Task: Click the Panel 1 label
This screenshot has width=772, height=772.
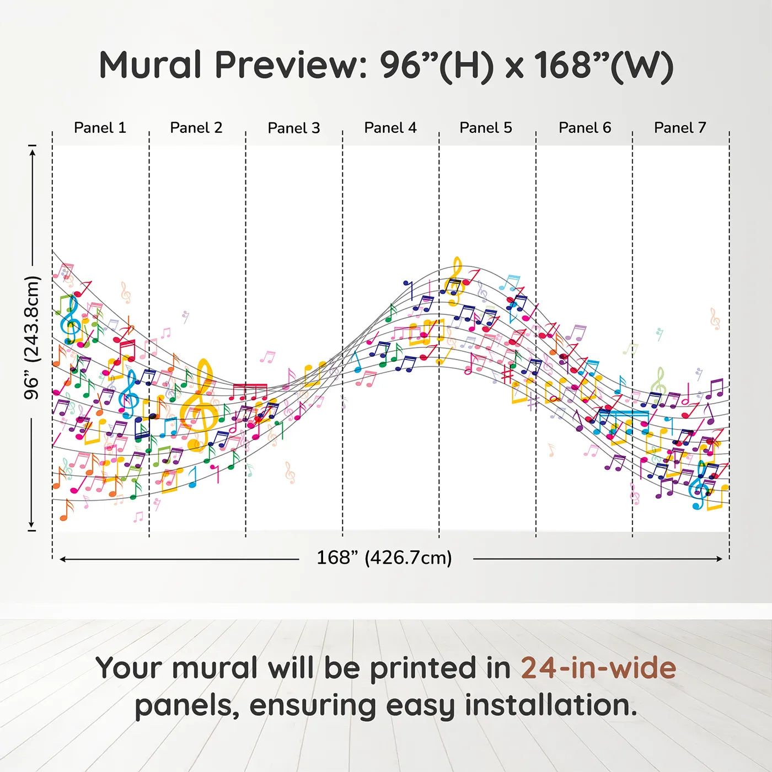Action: pyautogui.click(x=100, y=128)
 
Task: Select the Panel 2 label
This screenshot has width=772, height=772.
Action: pyautogui.click(x=196, y=128)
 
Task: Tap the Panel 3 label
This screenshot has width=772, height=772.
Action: pyautogui.click(x=294, y=128)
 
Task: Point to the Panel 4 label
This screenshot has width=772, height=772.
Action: pyautogui.click(x=390, y=128)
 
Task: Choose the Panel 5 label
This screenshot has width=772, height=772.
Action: pyautogui.click(x=486, y=128)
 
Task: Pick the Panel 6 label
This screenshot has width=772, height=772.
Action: pyautogui.click(x=585, y=128)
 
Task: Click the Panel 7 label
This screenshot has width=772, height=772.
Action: pyautogui.click(x=680, y=128)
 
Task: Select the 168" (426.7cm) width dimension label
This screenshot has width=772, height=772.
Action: pyautogui.click(x=384, y=557)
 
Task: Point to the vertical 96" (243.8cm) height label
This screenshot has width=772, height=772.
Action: pyautogui.click(x=31, y=337)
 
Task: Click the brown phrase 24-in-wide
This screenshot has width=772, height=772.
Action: pyautogui.click(x=598, y=668)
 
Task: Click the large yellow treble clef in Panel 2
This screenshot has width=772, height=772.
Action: pyautogui.click(x=199, y=405)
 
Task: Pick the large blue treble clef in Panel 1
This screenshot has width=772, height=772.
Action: pyautogui.click(x=71, y=320)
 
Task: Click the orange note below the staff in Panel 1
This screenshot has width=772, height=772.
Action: pyautogui.click(x=67, y=510)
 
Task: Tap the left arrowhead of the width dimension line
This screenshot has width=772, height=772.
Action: pyautogui.click(x=62, y=559)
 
